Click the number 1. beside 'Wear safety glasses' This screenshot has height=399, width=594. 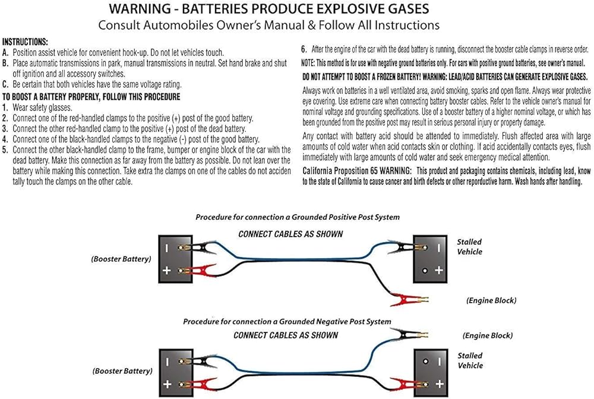point(5,108)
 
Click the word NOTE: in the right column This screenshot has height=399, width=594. point(309,63)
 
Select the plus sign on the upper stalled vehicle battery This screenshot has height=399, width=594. point(438,271)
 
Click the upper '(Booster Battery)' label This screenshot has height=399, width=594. point(121,259)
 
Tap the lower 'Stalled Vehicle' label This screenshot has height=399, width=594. point(470,360)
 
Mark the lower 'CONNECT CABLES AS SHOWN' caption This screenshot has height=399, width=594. point(286,335)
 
